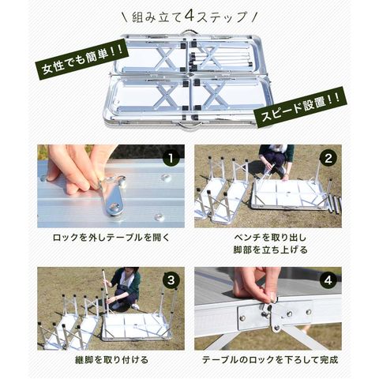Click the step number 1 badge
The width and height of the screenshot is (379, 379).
click(x=171, y=159)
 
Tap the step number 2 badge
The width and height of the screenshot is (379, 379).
click(x=328, y=159)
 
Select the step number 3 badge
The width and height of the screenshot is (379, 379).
click(x=171, y=280)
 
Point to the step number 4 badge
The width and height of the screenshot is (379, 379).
click(x=328, y=280)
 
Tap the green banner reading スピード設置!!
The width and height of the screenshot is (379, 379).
click(x=299, y=107)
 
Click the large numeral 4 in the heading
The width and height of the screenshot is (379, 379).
click(x=189, y=17)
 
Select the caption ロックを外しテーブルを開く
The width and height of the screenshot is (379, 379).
click(x=111, y=238)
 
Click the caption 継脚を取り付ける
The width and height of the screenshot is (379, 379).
click(x=111, y=360)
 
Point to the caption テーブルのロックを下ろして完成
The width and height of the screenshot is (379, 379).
click(x=270, y=360)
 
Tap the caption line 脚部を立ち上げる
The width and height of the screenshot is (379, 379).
click(x=270, y=250)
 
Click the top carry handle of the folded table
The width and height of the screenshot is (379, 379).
click(x=189, y=32)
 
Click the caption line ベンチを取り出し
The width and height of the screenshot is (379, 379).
click(x=270, y=238)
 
